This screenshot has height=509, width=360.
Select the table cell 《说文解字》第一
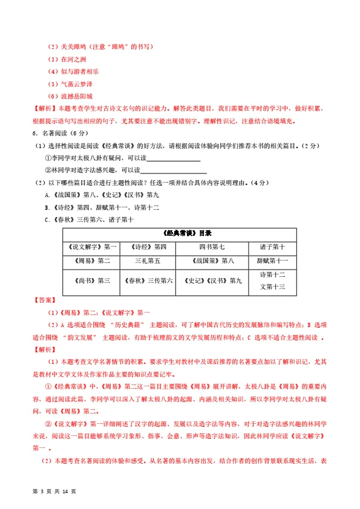[x=90, y=247]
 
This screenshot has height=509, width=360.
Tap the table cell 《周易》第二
[x=90, y=261]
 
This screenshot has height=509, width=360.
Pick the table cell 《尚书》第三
[x=90, y=280]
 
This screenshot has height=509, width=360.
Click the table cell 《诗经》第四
[x=148, y=247]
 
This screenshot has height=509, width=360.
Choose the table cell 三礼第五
[x=148, y=261]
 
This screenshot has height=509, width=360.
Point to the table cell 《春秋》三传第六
[x=148, y=280]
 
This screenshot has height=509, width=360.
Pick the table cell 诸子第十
[x=272, y=247]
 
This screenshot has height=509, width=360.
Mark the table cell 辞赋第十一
[x=272, y=261]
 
